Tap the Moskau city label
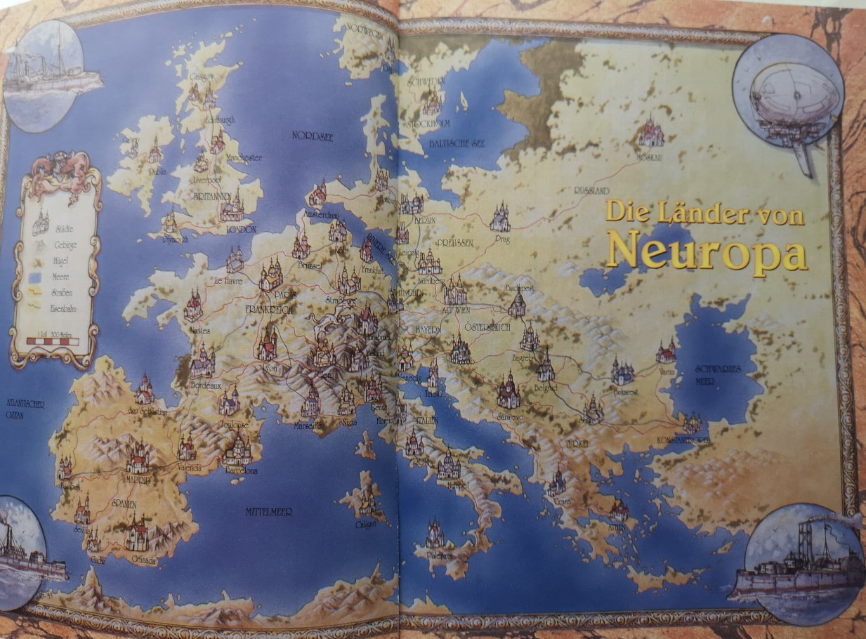[x=649, y=157]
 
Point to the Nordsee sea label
[x=313, y=137]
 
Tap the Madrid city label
[x=138, y=480]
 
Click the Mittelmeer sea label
[x=268, y=511]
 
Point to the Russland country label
[x=592, y=191]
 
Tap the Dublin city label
[x=157, y=170]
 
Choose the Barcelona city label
[x=241, y=470]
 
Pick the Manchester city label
[x=242, y=158]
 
